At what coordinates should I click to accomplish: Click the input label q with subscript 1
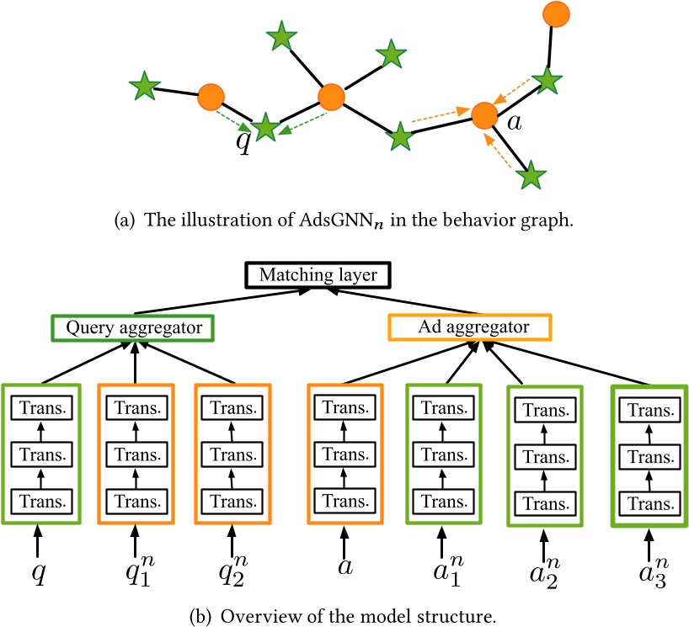135,579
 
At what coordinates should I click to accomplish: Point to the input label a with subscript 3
649,579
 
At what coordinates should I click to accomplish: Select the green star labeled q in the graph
265,128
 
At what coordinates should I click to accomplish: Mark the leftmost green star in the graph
145,84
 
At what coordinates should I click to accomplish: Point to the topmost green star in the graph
281,36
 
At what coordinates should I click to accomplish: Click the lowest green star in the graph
531,177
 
